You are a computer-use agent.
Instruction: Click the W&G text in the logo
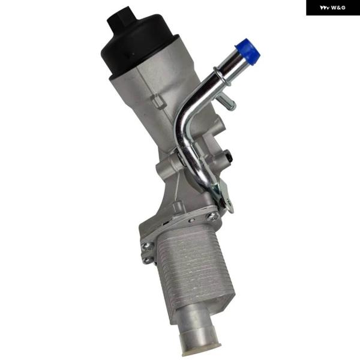coord(338,8)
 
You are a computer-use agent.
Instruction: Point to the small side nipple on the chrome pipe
coord(227,103)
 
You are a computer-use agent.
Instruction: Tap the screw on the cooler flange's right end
coord(211,216)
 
